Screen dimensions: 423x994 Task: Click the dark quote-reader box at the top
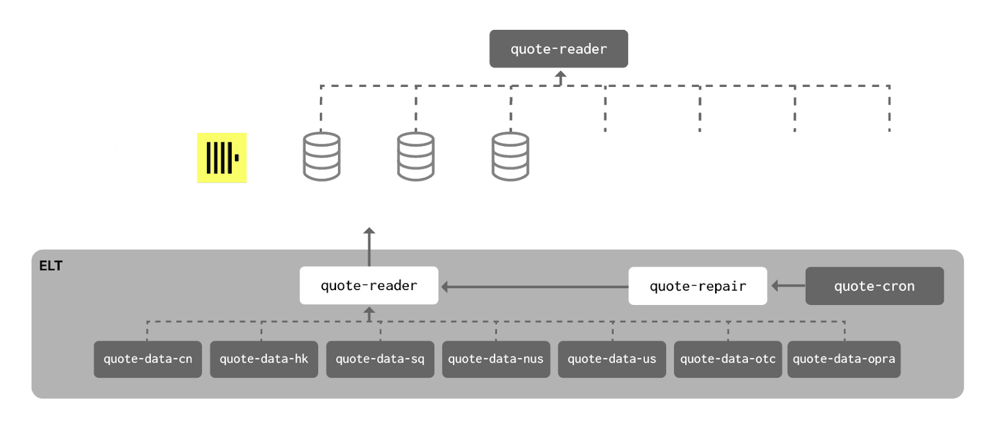(x=559, y=49)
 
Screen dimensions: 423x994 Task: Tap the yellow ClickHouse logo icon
(x=222, y=158)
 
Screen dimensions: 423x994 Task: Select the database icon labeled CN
(x=321, y=157)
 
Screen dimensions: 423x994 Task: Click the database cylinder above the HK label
(x=416, y=157)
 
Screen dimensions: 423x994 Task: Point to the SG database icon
(x=510, y=157)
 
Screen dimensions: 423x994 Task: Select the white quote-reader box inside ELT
(x=369, y=286)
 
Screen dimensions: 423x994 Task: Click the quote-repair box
(x=698, y=286)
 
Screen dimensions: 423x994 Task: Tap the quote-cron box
(x=874, y=286)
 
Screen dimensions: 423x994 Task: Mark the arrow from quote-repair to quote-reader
(x=534, y=287)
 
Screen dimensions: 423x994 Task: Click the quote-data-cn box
(x=148, y=359)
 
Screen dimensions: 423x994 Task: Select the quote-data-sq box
(x=380, y=359)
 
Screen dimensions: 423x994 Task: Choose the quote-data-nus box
(x=496, y=359)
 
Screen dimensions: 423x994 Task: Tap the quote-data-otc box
(x=727, y=359)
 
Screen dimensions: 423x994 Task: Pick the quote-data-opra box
(x=844, y=359)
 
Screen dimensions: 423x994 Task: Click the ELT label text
(x=51, y=266)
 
